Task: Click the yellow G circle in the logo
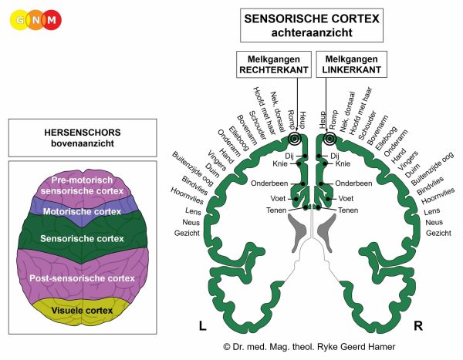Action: point(20,20)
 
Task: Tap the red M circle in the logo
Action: point(52,20)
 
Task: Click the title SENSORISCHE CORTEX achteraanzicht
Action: point(312,25)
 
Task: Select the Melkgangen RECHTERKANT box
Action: point(274,64)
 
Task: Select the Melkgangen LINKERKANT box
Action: point(351,64)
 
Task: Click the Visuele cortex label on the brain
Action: point(82,311)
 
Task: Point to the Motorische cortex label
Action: point(82,211)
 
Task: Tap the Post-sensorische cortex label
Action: point(82,278)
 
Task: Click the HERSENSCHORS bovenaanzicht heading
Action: point(83,138)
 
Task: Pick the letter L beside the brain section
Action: point(202,326)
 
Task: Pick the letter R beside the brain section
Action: point(418,326)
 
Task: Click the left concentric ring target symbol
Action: point(294,139)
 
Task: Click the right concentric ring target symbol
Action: point(330,139)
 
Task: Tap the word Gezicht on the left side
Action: point(187,233)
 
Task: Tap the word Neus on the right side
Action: point(434,222)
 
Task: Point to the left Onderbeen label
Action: point(269,183)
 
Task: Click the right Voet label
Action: point(346,198)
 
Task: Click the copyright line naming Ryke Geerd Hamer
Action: point(309,347)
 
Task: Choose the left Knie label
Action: point(280,163)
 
